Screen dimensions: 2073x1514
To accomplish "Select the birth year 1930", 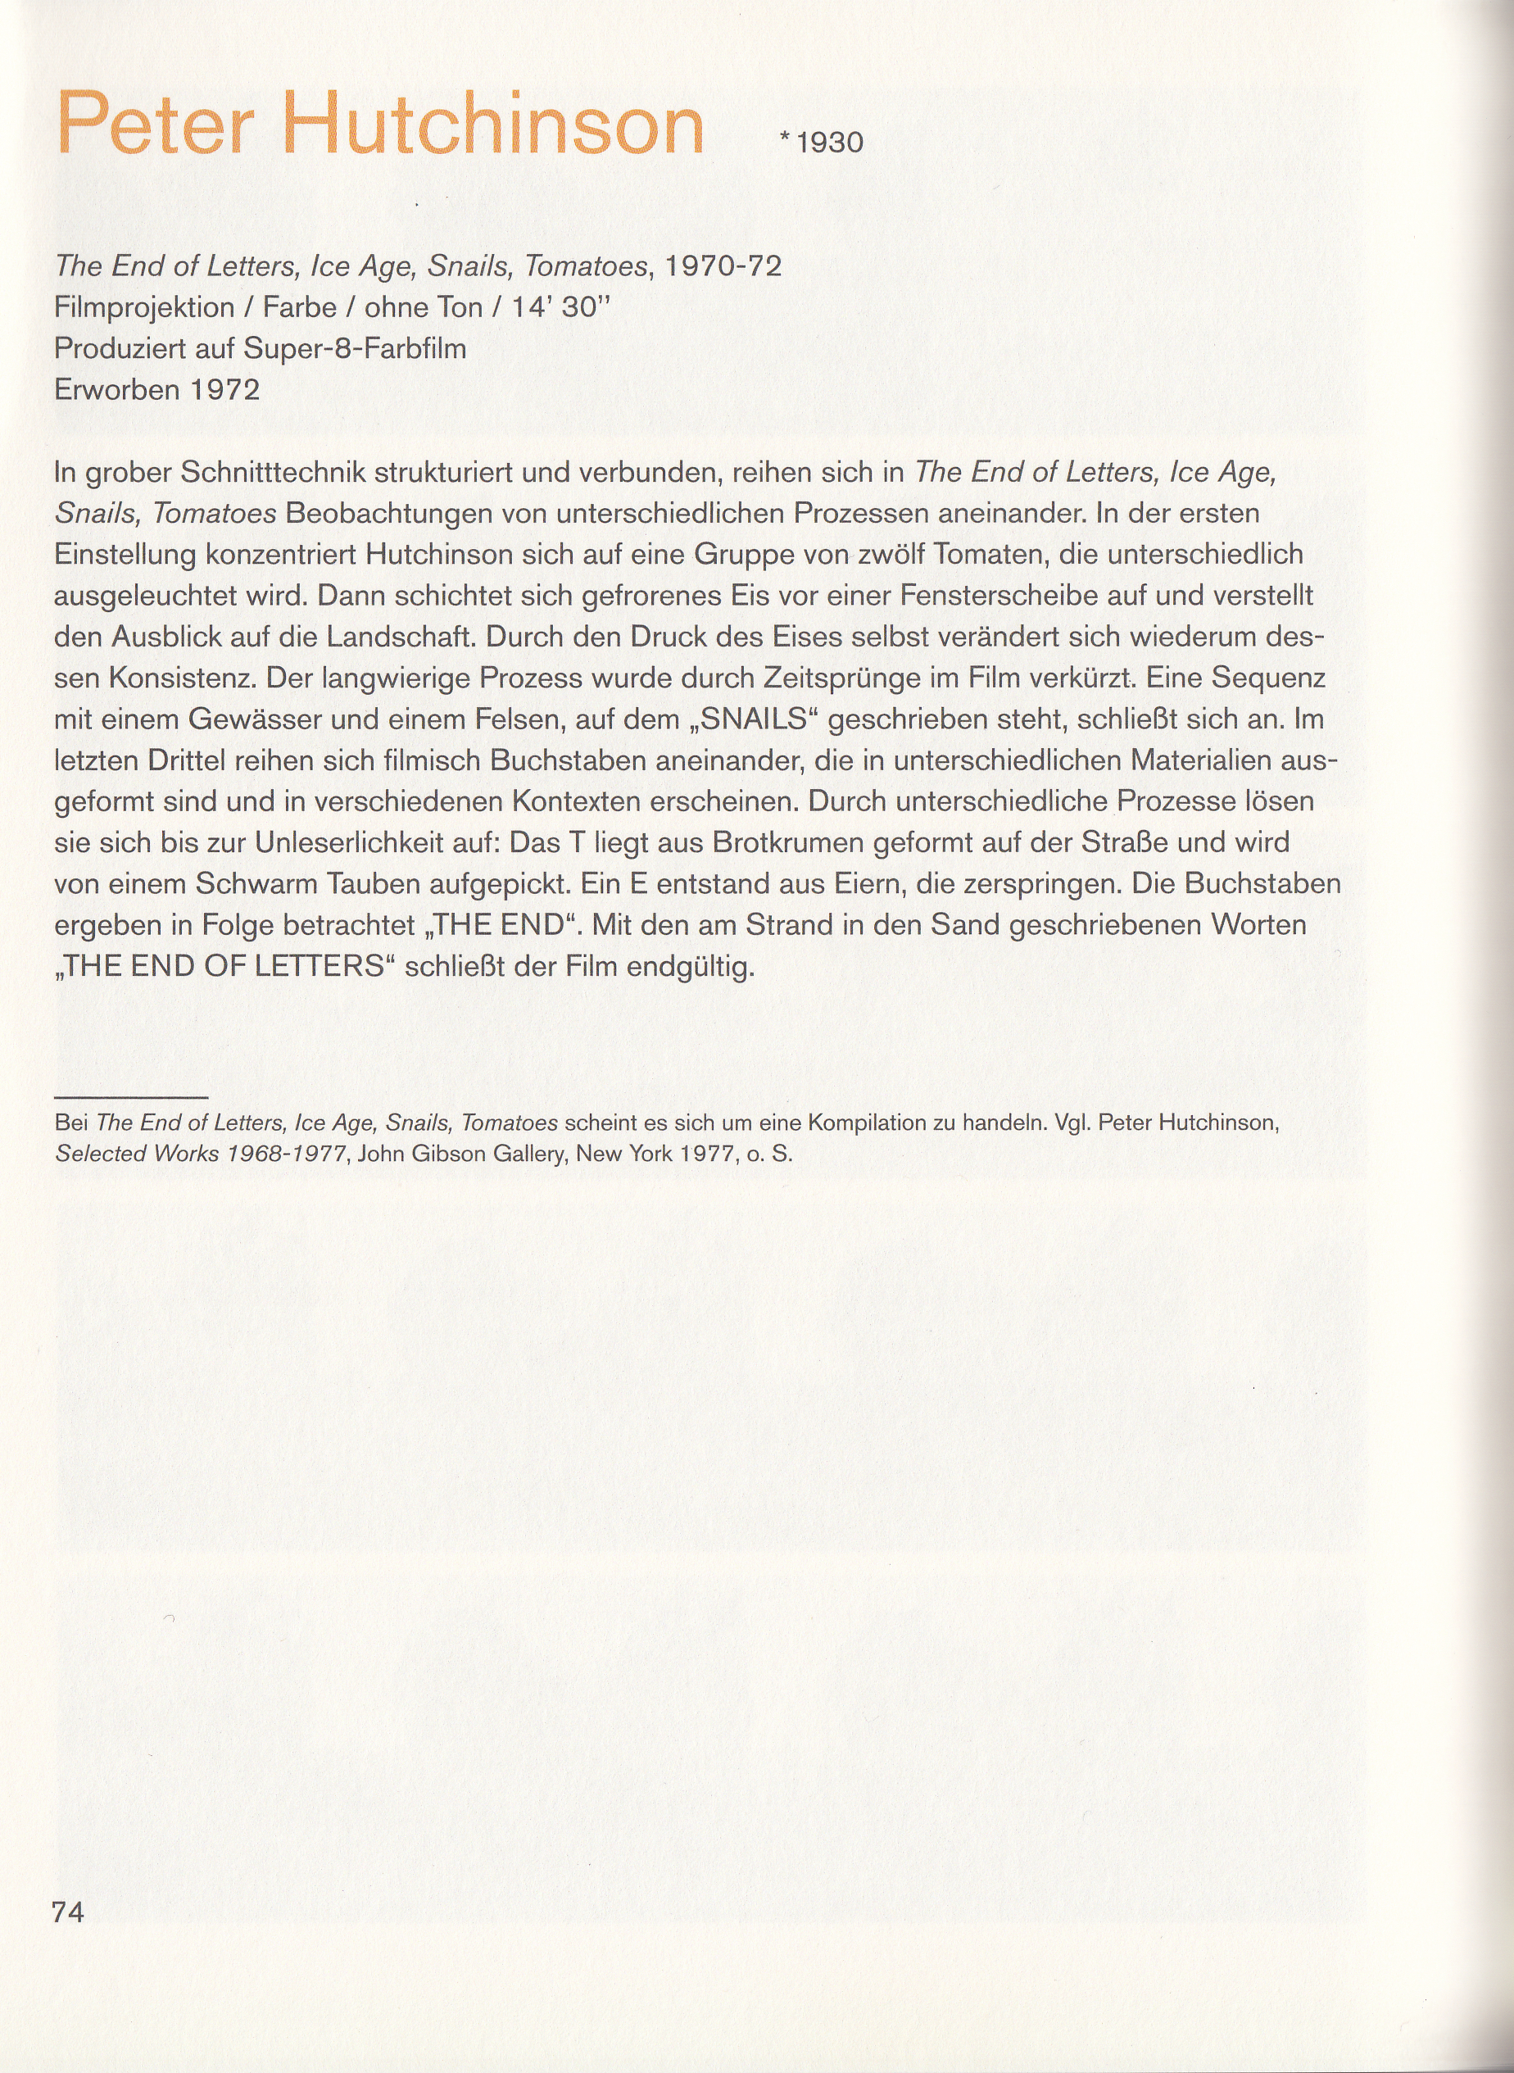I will (829, 143).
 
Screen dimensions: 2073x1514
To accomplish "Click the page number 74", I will (68, 1912).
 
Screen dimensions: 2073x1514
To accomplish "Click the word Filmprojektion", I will (144, 308).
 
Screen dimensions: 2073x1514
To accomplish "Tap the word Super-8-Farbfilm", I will (355, 349).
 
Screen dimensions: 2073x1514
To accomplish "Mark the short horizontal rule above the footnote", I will (131, 1097).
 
